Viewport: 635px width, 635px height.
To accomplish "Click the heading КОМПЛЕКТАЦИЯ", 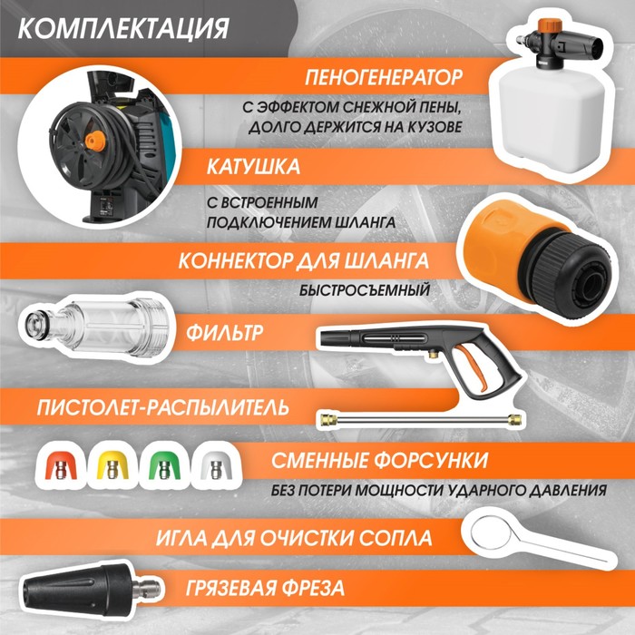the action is pyautogui.click(x=123, y=28).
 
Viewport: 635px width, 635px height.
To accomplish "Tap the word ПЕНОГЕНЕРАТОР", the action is pyautogui.click(x=384, y=77).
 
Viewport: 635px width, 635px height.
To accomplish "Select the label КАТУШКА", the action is pyautogui.click(x=253, y=166).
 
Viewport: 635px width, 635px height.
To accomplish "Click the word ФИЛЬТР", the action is pyautogui.click(x=224, y=333).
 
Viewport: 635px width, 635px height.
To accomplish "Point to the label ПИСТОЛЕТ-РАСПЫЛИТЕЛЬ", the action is pyautogui.click(x=162, y=407).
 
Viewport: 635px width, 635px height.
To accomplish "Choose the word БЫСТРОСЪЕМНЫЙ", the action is pyautogui.click(x=365, y=290).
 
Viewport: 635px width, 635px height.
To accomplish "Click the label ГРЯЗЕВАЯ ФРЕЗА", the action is pyautogui.click(x=265, y=588).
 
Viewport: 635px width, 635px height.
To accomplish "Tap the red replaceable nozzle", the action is pyautogui.click(x=61, y=465).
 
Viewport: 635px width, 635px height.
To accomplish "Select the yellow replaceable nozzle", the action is pyautogui.click(x=112, y=465).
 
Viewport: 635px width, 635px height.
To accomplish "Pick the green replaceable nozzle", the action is pyautogui.click(x=164, y=465).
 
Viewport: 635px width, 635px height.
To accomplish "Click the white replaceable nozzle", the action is pyautogui.click(x=216, y=465).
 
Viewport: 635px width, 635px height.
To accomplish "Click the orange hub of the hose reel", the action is pyautogui.click(x=95, y=140).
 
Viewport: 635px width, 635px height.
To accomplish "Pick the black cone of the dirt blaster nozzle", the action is pyautogui.click(x=73, y=590).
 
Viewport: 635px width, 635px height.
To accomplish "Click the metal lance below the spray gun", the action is pyautogui.click(x=420, y=419).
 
